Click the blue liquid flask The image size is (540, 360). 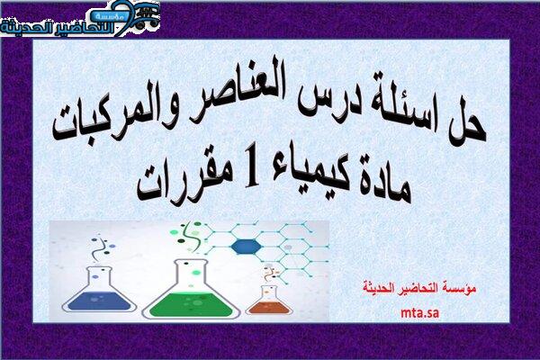(99, 290)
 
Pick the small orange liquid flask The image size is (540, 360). (269, 301)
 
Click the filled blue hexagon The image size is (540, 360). (246, 247)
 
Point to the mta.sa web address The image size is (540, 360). (419, 313)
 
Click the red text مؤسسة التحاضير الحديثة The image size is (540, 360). (419, 287)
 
